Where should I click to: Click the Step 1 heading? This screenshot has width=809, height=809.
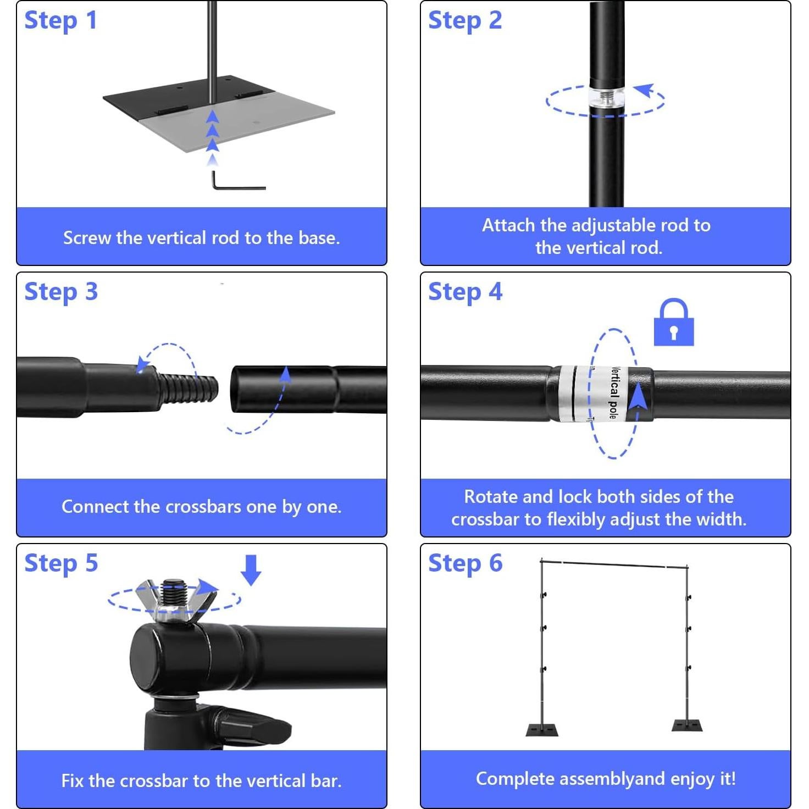coord(60,21)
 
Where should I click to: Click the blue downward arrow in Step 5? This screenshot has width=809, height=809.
coord(251,569)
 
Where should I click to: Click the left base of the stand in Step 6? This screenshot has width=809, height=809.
coord(542,729)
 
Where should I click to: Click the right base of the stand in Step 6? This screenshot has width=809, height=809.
coord(687,725)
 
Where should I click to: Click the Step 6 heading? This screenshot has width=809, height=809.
coord(465,564)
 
